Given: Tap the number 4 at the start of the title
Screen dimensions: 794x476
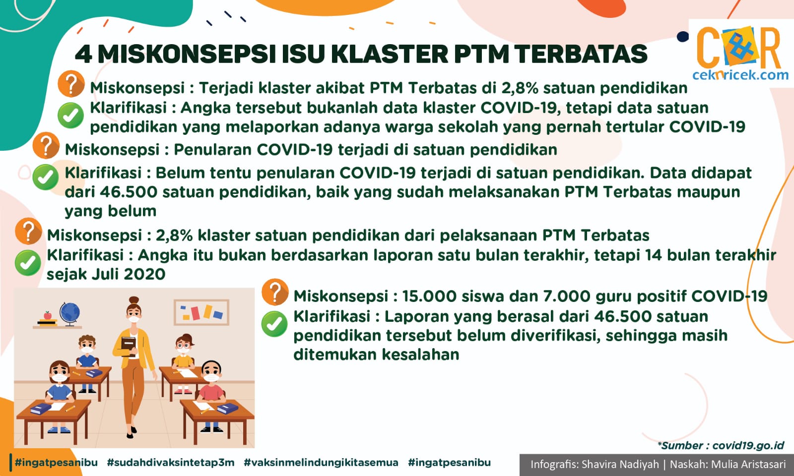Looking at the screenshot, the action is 84,54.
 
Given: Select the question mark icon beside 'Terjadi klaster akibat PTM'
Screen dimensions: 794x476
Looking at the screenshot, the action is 71,84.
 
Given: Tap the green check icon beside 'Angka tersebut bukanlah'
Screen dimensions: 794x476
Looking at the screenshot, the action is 71,116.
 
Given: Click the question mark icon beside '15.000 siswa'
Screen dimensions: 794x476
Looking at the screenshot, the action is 275,292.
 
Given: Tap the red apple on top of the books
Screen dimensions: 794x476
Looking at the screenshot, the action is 48,315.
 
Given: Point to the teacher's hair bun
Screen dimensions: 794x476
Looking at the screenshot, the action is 133,300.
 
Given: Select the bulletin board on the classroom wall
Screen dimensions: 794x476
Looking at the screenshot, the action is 201,312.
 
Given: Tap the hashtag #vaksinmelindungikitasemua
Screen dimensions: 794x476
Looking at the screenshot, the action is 321,463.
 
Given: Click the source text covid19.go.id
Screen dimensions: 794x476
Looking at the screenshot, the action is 748,446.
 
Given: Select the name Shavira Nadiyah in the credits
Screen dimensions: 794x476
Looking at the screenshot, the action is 620,464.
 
